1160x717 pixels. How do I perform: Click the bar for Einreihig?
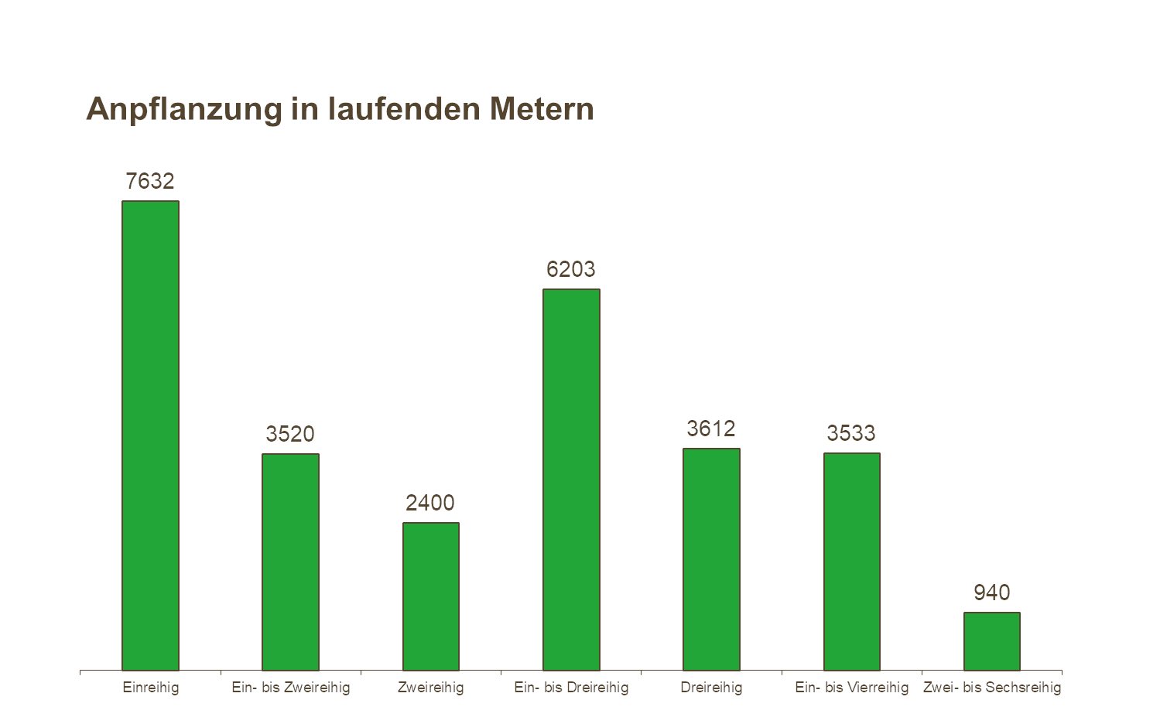(x=150, y=435)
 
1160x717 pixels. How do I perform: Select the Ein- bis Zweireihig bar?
(x=290, y=562)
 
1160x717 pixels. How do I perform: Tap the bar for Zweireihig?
(x=430, y=596)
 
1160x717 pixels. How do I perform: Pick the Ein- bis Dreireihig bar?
(x=571, y=480)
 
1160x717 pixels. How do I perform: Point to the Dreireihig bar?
(x=711, y=559)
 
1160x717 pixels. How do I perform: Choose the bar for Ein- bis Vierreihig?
(x=851, y=562)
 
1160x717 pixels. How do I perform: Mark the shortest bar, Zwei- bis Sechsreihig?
(x=991, y=641)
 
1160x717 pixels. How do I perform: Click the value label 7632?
(x=150, y=181)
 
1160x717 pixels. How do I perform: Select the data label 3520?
(x=290, y=434)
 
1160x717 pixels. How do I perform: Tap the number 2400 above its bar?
(x=430, y=503)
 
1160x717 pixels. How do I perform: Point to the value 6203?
(x=571, y=269)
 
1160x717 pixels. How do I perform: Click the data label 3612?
(x=711, y=428)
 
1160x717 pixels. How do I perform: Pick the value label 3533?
(x=851, y=433)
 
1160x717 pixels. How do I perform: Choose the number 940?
(x=991, y=592)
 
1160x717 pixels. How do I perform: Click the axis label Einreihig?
(x=151, y=687)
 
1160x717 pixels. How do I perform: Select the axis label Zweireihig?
(x=430, y=687)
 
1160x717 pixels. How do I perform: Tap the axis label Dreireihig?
(x=711, y=687)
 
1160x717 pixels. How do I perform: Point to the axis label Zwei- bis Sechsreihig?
(x=992, y=687)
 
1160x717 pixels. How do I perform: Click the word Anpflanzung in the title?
(x=184, y=109)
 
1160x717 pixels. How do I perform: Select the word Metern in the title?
(x=541, y=109)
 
